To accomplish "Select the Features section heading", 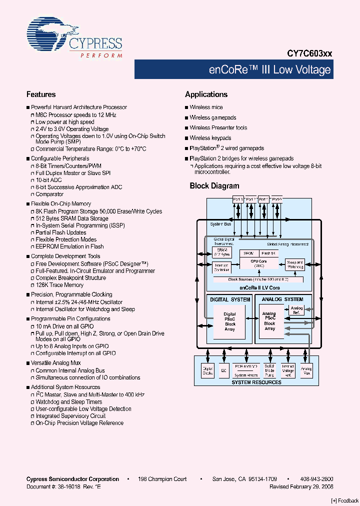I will click(41, 94).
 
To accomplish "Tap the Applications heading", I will click(206, 94).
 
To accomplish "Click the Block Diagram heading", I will click(214, 186).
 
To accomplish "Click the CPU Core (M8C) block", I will click(259, 263).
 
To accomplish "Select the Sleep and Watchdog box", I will click(295, 264).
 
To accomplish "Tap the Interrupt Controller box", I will click(221, 267).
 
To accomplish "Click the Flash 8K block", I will click(269, 253).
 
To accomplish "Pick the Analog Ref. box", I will click(296, 310).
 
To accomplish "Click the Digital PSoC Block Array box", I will click(229, 321).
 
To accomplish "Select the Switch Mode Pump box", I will click(270, 370).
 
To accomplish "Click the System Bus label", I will click(220, 223).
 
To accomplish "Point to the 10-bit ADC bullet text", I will click(48, 180).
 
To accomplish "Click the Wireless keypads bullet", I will click(210, 138).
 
